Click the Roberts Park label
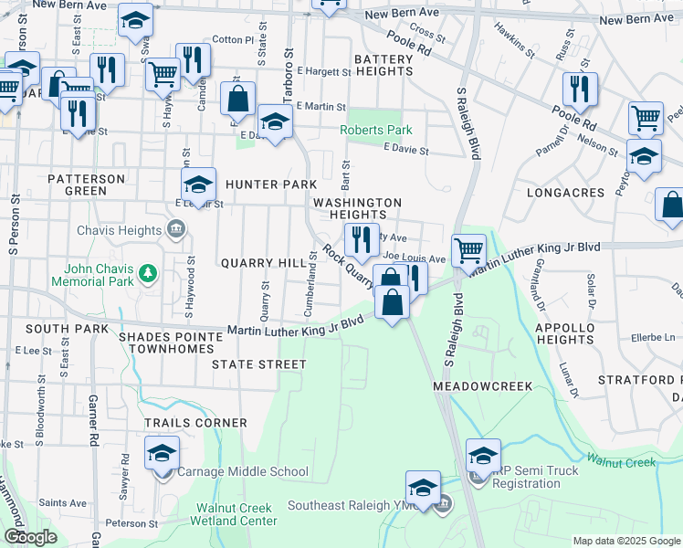pyautogui.click(x=370, y=131)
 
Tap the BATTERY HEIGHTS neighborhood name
pyautogui.click(x=384, y=65)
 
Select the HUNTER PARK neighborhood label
pyautogui.click(x=271, y=184)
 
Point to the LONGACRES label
pyautogui.click(x=566, y=194)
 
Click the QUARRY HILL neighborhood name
pyautogui.click(x=264, y=263)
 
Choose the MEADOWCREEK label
pyautogui.click(x=482, y=386)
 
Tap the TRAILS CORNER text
pyautogui.click(x=195, y=423)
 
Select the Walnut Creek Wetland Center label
pyautogui.click(x=234, y=514)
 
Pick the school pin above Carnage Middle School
pyautogui.click(x=162, y=451)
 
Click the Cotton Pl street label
pyautogui.click(x=232, y=40)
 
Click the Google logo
pyautogui.click(x=30, y=537)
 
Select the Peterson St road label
pyautogui.click(x=131, y=524)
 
